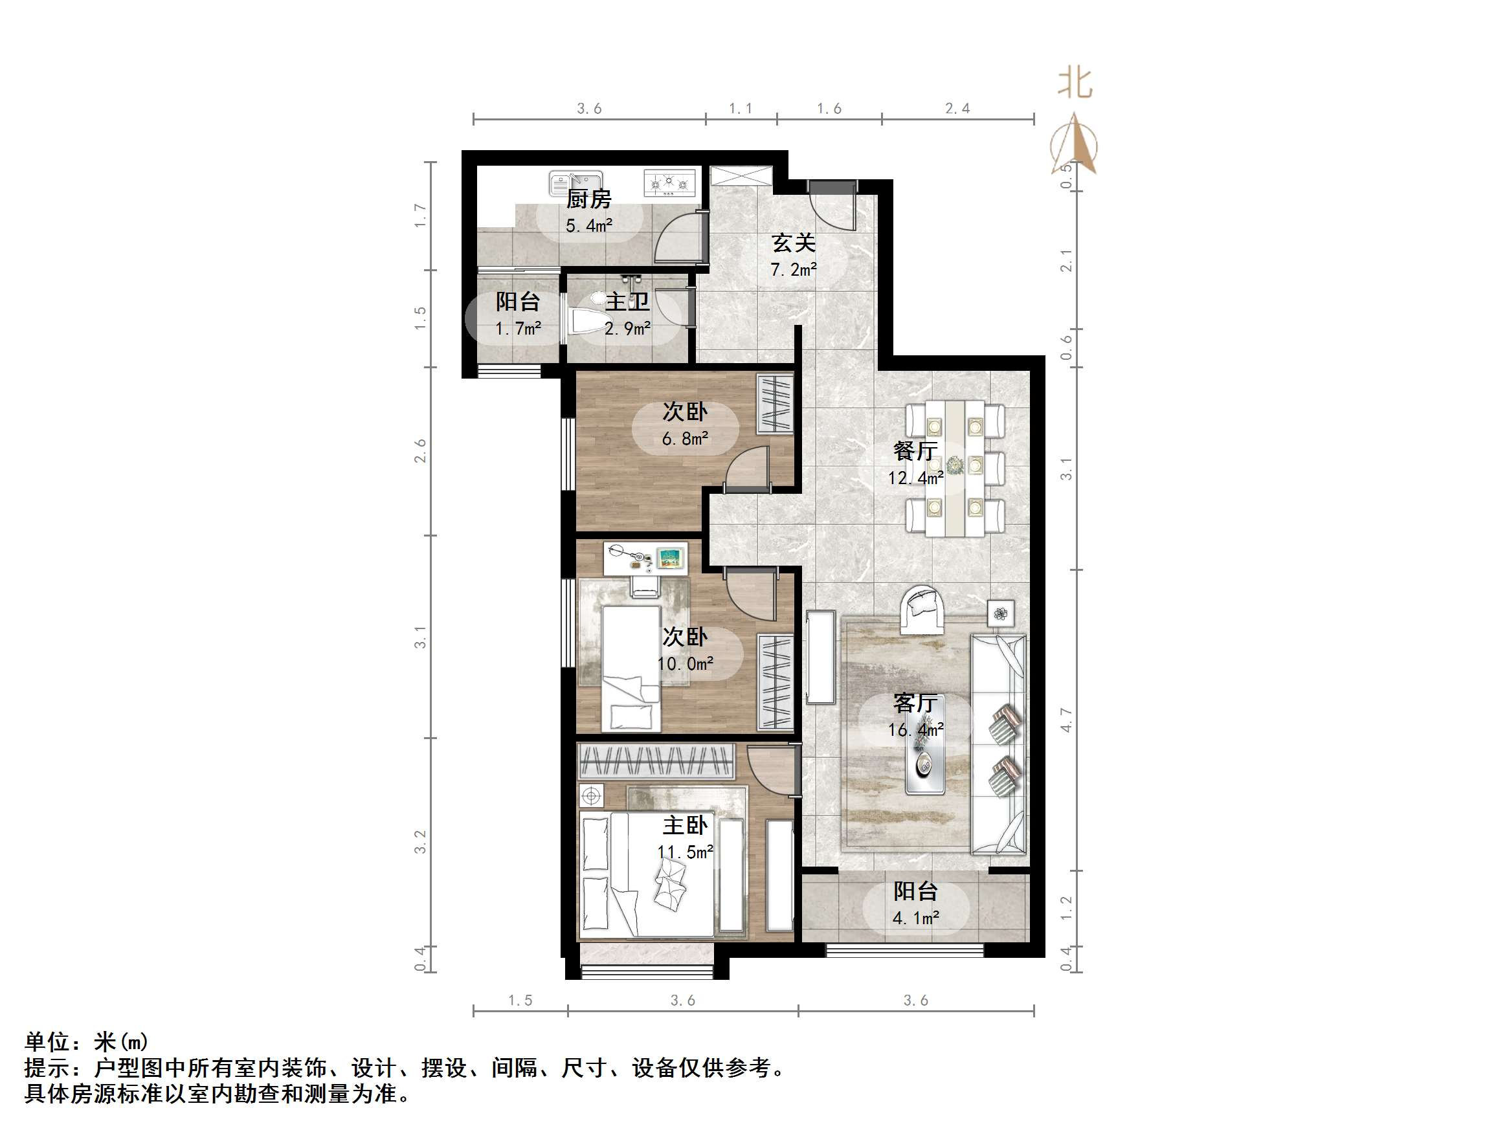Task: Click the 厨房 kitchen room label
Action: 588,199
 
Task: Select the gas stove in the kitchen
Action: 669,183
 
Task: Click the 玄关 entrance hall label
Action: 793,243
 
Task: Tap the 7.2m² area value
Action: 793,271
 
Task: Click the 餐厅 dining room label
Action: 915,451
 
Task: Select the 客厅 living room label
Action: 915,703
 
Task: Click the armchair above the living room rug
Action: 922,609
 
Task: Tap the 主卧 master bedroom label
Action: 685,826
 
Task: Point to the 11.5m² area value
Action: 685,852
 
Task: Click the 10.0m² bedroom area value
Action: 685,663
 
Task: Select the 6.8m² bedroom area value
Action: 685,439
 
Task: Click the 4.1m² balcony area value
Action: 915,918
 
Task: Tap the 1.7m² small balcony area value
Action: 518,329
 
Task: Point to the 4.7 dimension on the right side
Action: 1066,720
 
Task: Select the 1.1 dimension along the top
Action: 741,108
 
